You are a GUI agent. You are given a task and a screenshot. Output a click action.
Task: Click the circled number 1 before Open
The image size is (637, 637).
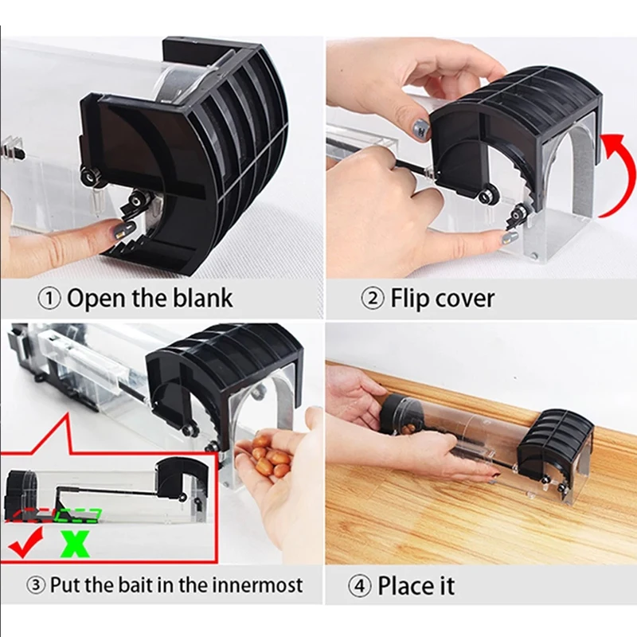[x=50, y=299]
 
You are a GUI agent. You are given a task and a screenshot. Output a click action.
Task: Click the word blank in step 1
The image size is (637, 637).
[x=204, y=299]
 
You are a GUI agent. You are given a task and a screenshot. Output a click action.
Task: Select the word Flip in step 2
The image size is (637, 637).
[x=408, y=299]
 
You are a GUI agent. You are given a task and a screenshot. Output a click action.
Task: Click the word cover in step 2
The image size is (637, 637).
[x=465, y=299]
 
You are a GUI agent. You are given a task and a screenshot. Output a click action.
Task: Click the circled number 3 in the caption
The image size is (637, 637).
[x=36, y=585]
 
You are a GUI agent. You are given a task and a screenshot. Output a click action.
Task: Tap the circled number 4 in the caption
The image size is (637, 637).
[x=361, y=587]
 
